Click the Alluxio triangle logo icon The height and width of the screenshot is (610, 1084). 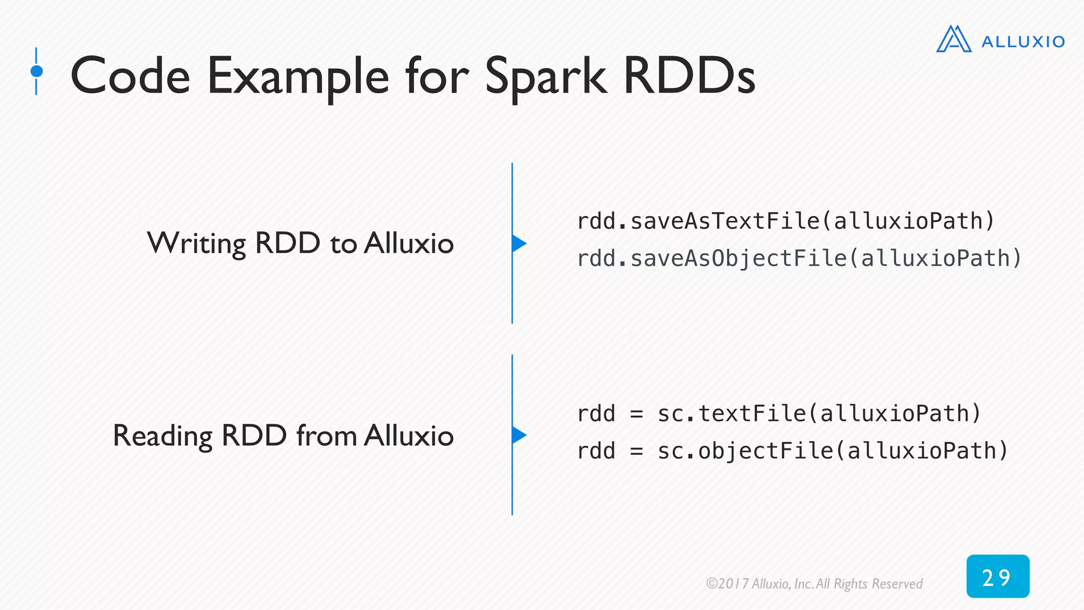953,40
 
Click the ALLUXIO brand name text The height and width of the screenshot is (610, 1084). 1023,42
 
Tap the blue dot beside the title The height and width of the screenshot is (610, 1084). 37,71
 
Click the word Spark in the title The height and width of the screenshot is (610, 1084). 545,77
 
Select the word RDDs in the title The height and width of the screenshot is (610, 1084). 690,76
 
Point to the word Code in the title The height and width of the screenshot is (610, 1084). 130,76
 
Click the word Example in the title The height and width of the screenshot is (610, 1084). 298,77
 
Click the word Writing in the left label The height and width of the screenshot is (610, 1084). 196,244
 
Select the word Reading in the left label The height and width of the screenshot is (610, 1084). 162,436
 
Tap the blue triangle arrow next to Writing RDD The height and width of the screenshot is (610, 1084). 518,244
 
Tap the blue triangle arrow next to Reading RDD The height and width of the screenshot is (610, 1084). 518,435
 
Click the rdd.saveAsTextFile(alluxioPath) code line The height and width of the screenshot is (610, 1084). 785,221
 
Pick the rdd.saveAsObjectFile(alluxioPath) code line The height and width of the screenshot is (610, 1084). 799,258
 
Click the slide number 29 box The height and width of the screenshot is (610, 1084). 997,577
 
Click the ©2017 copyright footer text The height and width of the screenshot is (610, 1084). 814,584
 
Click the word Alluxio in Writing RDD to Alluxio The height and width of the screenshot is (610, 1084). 409,244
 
